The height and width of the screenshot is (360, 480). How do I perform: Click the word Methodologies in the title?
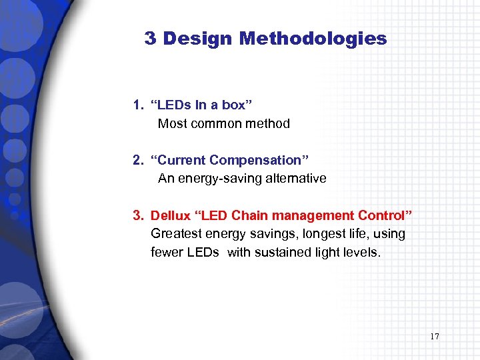[x=313, y=39]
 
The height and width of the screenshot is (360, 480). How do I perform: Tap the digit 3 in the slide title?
[x=150, y=39]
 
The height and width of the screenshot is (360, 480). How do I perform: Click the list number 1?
[x=137, y=105]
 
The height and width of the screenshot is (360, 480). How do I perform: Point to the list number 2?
[x=137, y=160]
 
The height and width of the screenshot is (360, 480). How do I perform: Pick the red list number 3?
[x=137, y=215]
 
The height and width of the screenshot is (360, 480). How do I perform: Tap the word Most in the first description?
[x=171, y=123]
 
